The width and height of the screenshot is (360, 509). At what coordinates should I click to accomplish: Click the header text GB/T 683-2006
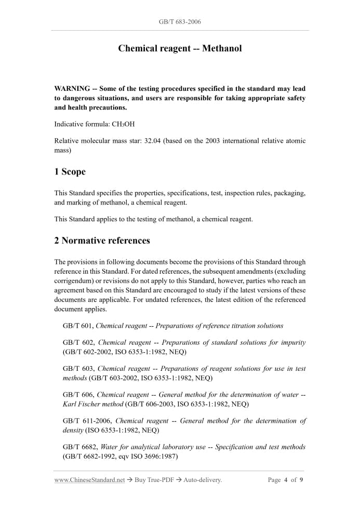point(180,22)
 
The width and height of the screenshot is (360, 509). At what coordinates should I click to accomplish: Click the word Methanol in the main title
point(222,49)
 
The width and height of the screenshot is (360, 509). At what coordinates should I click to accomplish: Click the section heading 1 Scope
point(70,172)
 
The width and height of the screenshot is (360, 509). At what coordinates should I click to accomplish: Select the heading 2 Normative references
point(102,241)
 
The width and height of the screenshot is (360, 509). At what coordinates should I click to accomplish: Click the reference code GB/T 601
point(78,326)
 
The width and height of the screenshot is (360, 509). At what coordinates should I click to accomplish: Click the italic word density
point(73,430)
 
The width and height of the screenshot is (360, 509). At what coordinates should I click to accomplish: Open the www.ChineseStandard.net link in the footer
point(89,480)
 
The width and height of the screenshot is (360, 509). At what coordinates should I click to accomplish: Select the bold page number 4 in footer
point(286,480)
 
